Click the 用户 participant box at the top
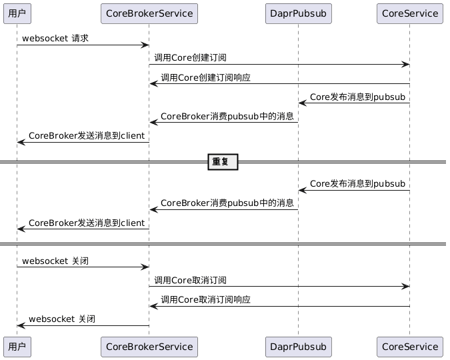(x=17, y=13)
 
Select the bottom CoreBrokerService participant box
(x=149, y=347)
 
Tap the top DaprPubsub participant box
(x=298, y=13)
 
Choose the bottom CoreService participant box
(x=410, y=347)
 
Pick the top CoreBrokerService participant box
(x=149, y=13)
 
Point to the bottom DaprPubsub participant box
(x=298, y=347)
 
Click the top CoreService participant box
(x=410, y=13)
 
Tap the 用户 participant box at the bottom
(x=17, y=347)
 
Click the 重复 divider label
(x=223, y=162)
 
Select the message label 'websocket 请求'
(x=55, y=39)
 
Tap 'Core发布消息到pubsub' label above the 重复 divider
(x=357, y=97)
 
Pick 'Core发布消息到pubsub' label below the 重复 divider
(x=357, y=183)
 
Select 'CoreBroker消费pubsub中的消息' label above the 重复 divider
(x=227, y=116)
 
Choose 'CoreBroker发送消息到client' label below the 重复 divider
(x=87, y=223)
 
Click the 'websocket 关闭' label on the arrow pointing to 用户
(x=61, y=319)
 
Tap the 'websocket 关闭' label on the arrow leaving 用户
(x=55, y=261)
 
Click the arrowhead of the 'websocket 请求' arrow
(x=145, y=45)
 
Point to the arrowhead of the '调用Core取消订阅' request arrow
(x=405, y=287)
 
